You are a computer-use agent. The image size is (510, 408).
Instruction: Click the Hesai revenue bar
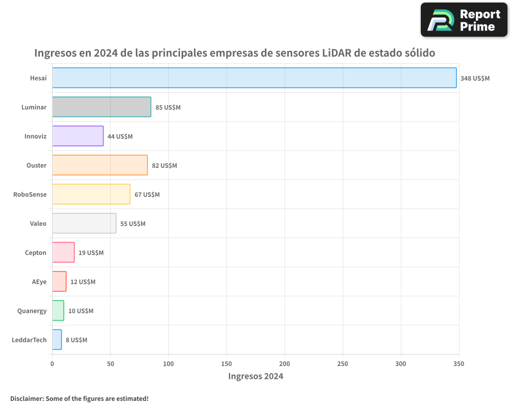point(254,78)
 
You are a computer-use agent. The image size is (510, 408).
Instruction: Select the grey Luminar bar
point(101,107)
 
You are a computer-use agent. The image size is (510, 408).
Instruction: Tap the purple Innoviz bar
point(78,136)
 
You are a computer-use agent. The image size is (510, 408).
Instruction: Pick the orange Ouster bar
point(99,165)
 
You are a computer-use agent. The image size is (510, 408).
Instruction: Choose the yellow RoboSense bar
point(91,194)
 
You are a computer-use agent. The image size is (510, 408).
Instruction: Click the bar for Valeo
point(84,223)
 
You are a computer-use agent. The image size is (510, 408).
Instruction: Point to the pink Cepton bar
point(63,252)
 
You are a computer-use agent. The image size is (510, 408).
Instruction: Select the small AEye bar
point(59,282)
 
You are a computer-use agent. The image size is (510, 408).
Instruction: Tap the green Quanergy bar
point(58,311)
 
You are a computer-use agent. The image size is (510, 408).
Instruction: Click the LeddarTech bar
point(57,340)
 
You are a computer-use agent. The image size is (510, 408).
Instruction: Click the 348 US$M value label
point(475,79)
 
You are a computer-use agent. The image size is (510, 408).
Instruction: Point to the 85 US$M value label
point(168,108)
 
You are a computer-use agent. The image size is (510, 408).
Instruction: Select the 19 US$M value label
point(91,253)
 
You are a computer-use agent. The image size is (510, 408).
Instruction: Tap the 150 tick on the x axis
point(226,364)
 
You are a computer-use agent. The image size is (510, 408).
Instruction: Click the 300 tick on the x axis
point(401,364)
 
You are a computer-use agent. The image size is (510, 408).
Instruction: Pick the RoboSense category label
point(30,194)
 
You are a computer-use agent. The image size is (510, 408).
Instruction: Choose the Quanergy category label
point(32,311)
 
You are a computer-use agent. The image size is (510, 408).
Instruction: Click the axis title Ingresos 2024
point(256,376)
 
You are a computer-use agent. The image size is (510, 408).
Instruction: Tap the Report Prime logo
point(464,20)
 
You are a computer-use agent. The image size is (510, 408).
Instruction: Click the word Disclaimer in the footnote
point(26,398)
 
